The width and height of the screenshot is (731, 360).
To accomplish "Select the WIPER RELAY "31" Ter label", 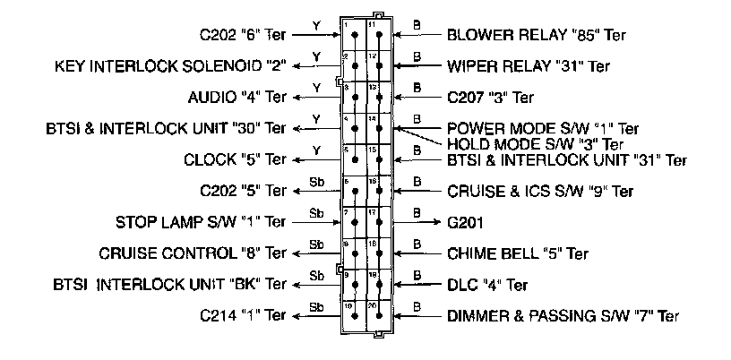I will pos(528,66).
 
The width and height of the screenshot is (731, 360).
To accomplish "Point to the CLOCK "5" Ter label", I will pos(236,159).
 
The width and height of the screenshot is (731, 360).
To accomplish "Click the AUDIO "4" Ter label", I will pos(237,97).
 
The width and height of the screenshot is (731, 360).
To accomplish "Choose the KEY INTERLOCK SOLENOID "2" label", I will pos(171,66).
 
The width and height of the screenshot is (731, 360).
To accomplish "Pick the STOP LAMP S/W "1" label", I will pos(202,221).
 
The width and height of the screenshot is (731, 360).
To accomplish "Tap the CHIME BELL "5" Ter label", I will pos(517,253).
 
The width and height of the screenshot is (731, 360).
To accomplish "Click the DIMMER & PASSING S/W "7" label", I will pos(563,315).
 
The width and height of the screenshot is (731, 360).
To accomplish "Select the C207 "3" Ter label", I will pos(490,97).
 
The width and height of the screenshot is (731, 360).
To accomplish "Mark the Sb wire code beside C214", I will pos(316,306).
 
